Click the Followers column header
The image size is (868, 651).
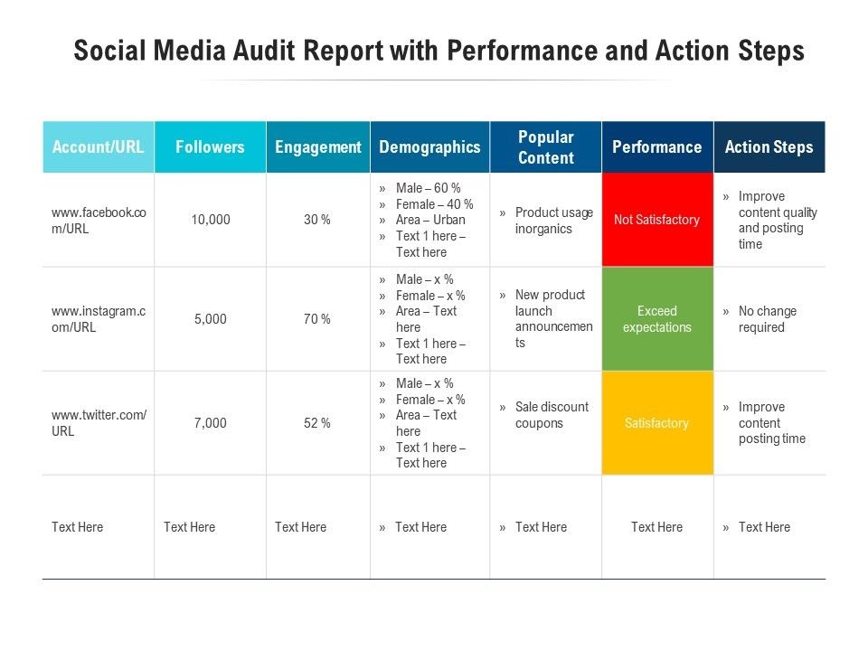(210, 147)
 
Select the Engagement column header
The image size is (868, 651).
(317, 147)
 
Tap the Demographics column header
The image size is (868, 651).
(429, 147)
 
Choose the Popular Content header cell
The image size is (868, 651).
(545, 147)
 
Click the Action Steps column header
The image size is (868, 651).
(769, 147)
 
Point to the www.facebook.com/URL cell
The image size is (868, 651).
(99, 221)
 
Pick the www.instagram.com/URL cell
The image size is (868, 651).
(99, 319)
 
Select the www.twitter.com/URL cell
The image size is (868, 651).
(99, 423)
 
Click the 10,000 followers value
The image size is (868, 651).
(211, 220)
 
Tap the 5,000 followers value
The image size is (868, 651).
(211, 319)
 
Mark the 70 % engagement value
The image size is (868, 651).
(317, 319)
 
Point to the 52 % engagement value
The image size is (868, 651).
(317, 423)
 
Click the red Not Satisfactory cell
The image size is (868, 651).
(657, 220)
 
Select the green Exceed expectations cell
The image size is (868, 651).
(657, 319)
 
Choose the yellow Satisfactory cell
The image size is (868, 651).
(657, 423)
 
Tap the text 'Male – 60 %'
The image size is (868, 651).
(428, 188)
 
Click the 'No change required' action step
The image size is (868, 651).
(767, 319)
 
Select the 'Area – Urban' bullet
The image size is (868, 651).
(430, 220)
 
